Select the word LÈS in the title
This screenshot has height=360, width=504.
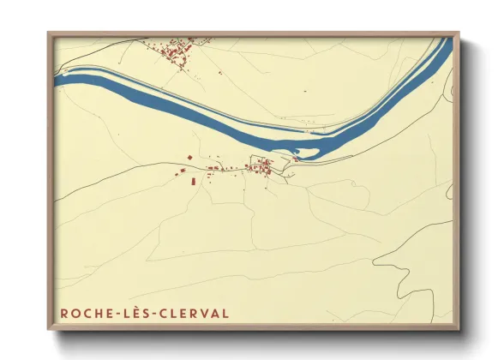click(x=129, y=313)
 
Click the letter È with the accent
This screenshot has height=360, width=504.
click(x=129, y=313)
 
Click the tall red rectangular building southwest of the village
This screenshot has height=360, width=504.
click(x=192, y=182)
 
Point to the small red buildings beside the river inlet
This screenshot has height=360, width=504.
click(x=297, y=158)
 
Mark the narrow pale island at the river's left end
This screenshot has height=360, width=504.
click(x=86, y=73)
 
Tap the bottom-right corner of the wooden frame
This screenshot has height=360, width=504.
click(x=458, y=328)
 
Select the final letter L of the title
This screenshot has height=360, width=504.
click(x=225, y=313)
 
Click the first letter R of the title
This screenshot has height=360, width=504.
click(x=64, y=313)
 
